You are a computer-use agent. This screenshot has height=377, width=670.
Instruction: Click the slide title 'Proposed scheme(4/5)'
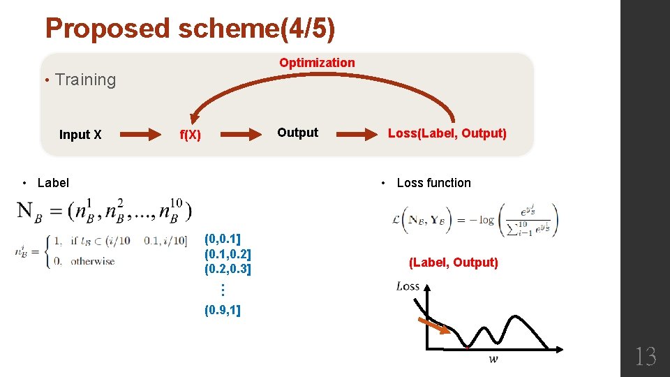(x=190, y=29)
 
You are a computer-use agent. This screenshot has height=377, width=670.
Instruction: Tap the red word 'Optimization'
(x=317, y=63)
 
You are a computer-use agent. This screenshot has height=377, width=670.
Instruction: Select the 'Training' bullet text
(x=84, y=80)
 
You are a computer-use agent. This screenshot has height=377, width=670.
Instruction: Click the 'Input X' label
(x=80, y=135)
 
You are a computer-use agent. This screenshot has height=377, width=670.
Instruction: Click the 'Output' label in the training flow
(x=297, y=133)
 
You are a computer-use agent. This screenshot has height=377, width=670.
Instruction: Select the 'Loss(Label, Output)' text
(x=447, y=133)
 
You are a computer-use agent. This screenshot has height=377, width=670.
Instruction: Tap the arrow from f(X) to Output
(x=239, y=135)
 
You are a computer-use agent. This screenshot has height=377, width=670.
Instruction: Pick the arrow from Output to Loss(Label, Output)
(x=353, y=135)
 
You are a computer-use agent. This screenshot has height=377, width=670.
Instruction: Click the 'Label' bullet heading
(x=53, y=183)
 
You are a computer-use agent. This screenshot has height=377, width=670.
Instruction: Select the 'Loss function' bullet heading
(x=433, y=183)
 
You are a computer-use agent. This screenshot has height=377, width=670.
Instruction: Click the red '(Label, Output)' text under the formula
(x=454, y=263)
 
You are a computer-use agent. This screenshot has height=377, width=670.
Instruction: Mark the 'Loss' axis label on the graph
(x=408, y=286)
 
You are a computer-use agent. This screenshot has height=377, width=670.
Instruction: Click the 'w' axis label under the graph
(x=493, y=360)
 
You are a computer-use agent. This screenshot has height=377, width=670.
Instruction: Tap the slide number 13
(x=645, y=357)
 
